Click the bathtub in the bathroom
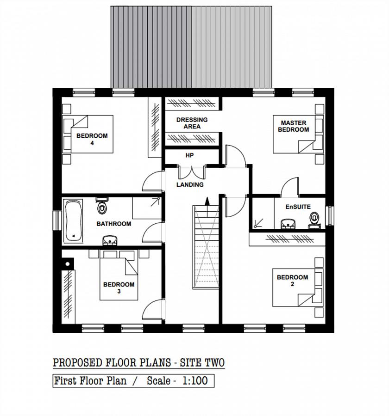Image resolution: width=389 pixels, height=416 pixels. point(73,221)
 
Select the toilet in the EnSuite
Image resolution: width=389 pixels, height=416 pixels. point(314,220)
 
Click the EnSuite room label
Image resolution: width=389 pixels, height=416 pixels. point(298,207)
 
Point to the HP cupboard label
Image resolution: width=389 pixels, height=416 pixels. point(189,155)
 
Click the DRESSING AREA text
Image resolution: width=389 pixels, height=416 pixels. point(192,123)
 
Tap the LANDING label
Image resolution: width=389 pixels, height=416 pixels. point(190,184)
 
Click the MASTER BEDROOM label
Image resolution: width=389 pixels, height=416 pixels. point(293,126)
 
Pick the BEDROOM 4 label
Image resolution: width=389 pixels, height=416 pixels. point(92,139)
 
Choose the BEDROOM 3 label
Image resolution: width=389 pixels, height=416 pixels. point(119,288)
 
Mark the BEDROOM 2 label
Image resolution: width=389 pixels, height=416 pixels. point(292,281)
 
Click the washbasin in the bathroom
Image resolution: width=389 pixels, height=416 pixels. point(110,240)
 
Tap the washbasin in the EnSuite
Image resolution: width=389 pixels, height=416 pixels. point(289,223)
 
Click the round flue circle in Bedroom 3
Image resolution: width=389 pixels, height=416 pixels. point(68,264)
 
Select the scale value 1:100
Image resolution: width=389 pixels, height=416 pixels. point(195,381)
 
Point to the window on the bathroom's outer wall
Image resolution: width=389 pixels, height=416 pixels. point(57,220)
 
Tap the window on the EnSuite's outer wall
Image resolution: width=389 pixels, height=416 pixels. point(330,215)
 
